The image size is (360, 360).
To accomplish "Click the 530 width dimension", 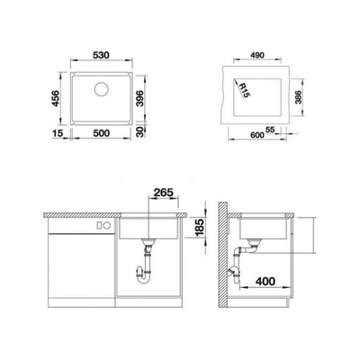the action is tap(101, 55).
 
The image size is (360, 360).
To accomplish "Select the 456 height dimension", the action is tap(55, 98).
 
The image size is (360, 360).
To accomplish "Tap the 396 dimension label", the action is tap(139, 98).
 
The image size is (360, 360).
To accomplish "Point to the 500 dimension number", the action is tap(102, 133).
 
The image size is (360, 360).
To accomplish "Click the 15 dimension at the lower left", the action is tap(58, 133).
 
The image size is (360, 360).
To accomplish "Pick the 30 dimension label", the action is tap(139, 131).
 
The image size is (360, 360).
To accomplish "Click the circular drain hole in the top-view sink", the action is tap(102, 88).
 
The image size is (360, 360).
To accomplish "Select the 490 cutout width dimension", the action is tap(257, 55).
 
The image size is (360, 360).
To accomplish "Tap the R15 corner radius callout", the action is tap(244, 90).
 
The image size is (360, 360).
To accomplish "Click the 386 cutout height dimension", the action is tap(298, 97).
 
